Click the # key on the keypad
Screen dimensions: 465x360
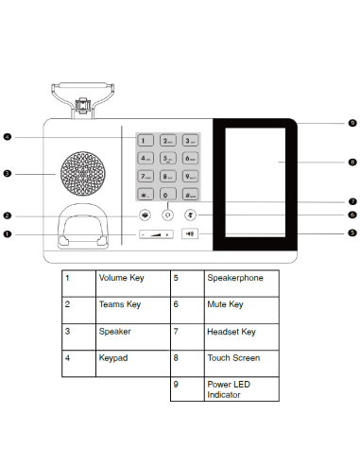190,195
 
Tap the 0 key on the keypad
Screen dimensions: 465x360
168,195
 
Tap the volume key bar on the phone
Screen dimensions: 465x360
156,233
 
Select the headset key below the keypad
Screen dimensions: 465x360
168,215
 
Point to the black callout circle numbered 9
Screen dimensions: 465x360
351,123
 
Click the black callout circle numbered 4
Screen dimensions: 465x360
8,138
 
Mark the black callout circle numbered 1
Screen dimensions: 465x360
8,233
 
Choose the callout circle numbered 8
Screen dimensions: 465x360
351,163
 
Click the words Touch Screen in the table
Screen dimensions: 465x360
232,358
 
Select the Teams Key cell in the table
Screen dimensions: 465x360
119,305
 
